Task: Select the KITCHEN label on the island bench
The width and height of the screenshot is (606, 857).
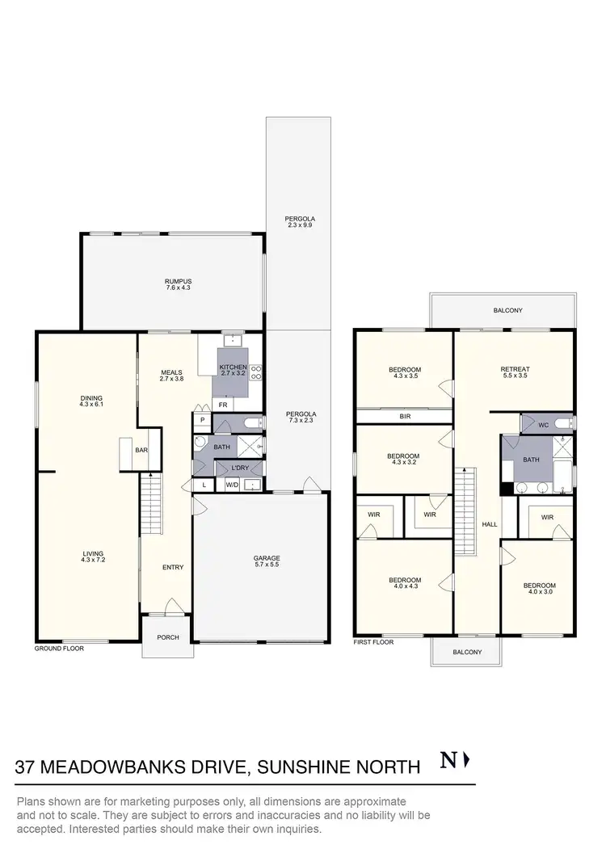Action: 233,370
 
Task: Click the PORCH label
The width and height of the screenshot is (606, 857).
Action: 168,637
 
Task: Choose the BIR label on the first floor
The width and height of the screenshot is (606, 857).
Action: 405,417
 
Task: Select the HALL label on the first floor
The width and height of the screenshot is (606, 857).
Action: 489,524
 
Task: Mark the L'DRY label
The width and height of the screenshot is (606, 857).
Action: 239,468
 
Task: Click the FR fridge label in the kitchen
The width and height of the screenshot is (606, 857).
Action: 222,404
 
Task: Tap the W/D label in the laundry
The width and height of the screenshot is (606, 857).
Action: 231,485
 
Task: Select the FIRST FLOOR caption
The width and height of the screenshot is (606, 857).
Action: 373,642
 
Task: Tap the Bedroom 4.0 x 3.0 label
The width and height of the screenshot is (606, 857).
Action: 538,589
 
